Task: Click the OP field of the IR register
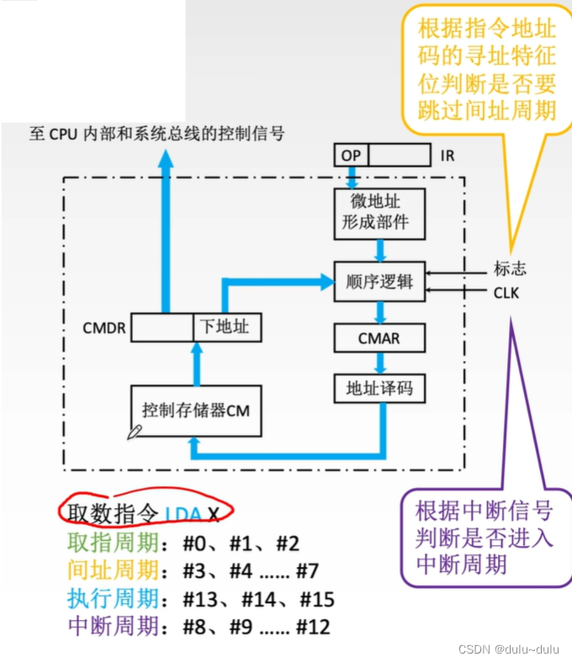350,155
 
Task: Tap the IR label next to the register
447,156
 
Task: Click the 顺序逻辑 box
379,282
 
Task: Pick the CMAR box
379,339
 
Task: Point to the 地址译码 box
379,389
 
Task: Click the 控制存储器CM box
196,410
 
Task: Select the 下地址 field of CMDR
226,326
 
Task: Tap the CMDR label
104,328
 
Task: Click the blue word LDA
183,514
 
